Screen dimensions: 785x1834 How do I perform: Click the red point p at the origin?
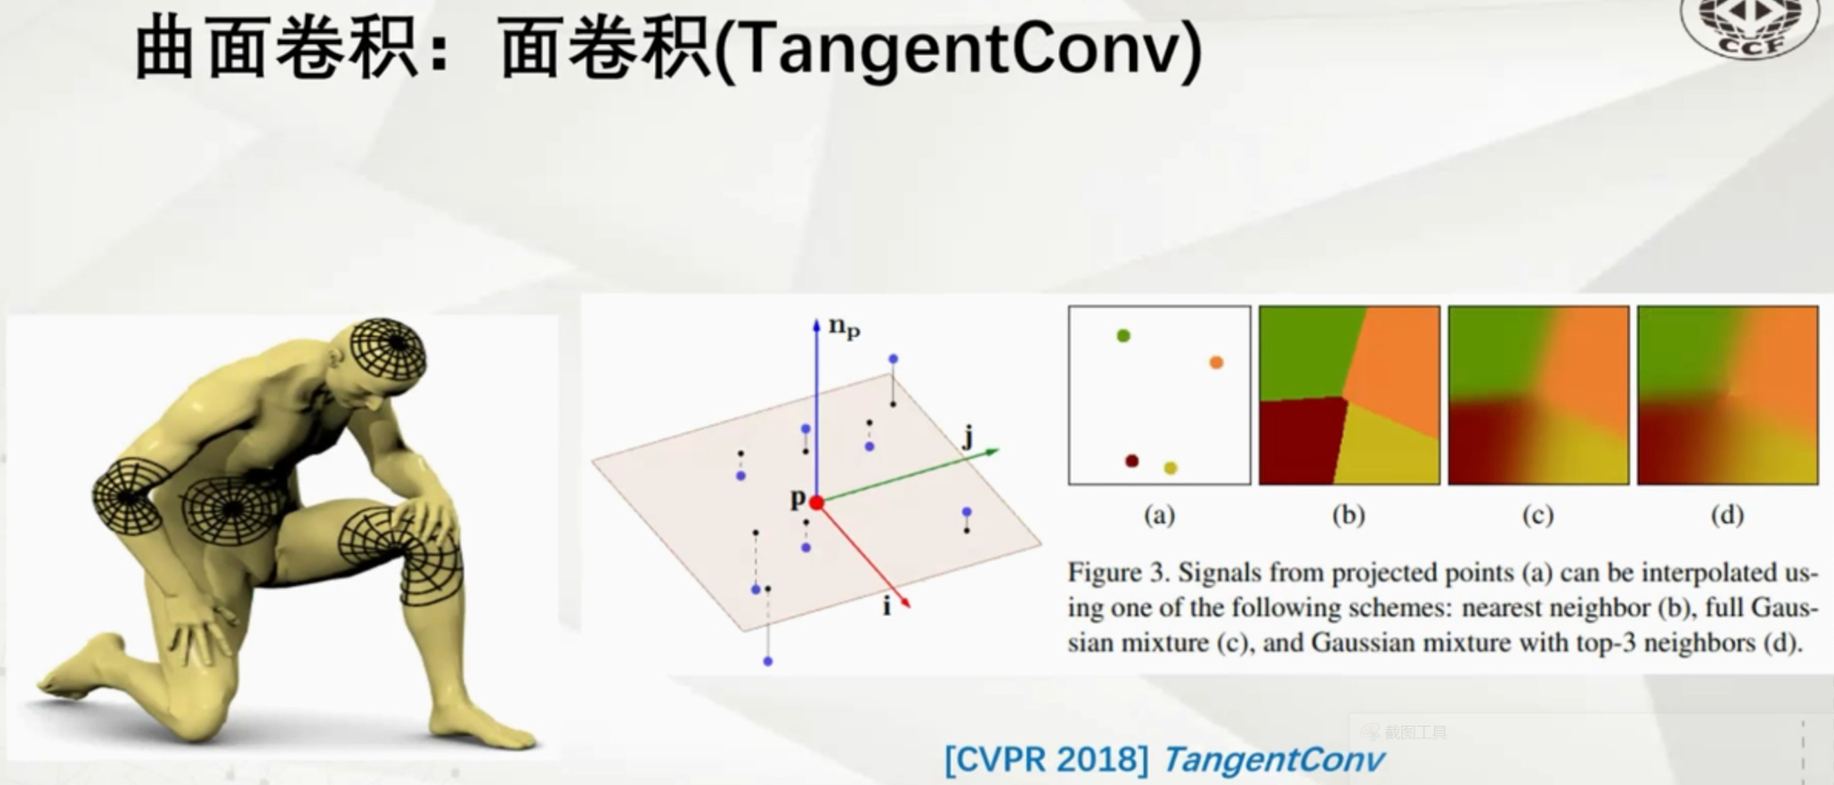click(816, 503)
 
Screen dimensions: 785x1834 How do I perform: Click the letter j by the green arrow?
click(968, 438)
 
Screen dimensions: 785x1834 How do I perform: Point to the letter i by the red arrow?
click(886, 606)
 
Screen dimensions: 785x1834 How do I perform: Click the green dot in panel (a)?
click(1123, 336)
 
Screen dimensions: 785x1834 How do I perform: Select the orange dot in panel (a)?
click(1216, 362)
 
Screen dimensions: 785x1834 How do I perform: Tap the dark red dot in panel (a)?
click(1132, 461)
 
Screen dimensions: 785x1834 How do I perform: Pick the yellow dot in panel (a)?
click(1170, 468)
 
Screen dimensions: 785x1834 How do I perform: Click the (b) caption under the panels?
click(1348, 516)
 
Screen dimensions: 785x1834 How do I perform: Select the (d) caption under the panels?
click(1726, 516)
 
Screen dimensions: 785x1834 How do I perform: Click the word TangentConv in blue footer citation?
click(1273, 759)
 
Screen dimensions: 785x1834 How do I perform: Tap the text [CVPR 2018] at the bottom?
click(1046, 759)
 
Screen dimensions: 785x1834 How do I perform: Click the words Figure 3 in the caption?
click(1117, 573)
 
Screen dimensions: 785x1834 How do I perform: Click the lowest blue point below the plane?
click(768, 661)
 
